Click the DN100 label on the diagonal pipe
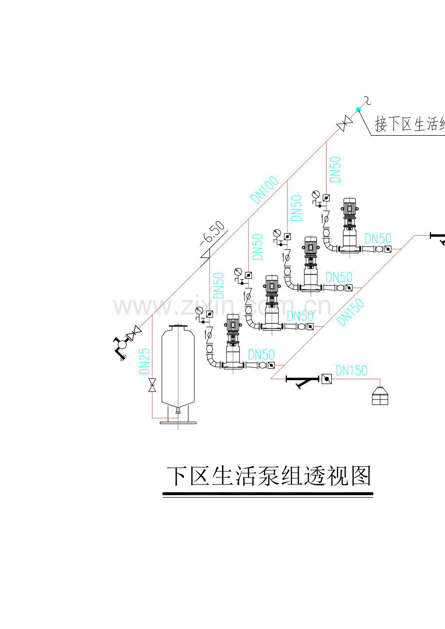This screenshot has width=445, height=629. (265, 189)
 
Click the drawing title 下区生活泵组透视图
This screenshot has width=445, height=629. (268, 476)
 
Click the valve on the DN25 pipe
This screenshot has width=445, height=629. (152, 386)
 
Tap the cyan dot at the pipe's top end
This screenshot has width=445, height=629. (358, 110)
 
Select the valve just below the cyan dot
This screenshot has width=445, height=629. (344, 124)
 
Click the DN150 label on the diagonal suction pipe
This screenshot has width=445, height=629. (350, 312)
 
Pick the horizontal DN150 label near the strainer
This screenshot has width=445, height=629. (351, 371)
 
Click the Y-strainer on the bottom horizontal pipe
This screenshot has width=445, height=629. (302, 380)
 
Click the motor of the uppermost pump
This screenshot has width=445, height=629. (349, 207)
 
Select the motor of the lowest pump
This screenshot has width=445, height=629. (233, 324)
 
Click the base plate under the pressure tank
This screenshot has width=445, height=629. (178, 423)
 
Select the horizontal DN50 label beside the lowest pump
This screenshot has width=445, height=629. (261, 354)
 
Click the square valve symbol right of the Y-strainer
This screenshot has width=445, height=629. (326, 379)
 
